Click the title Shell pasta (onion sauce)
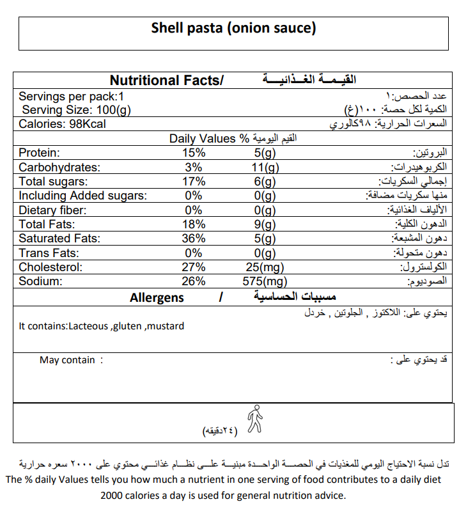(x=234, y=29)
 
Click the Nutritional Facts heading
(x=167, y=81)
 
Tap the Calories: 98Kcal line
(x=62, y=123)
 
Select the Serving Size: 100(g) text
(x=76, y=110)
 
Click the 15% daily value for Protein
(x=194, y=153)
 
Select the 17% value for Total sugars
(x=194, y=182)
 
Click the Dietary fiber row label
(x=52, y=210)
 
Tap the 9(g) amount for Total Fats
(x=263, y=224)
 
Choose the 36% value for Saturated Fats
(x=194, y=239)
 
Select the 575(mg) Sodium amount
(x=266, y=281)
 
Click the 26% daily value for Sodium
(x=194, y=281)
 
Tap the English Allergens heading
(x=157, y=298)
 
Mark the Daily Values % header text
(x=208, y=138)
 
